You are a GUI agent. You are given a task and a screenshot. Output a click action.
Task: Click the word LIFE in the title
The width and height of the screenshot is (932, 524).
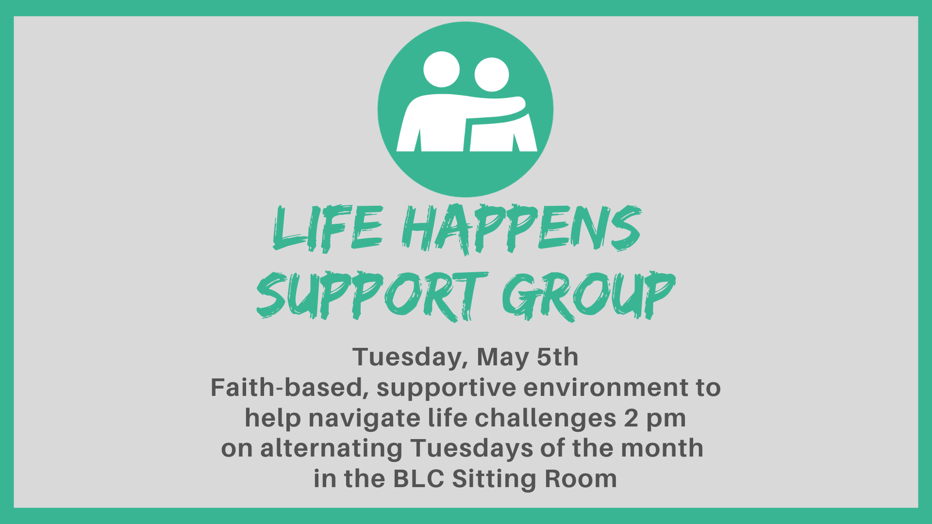(x=328, y=228)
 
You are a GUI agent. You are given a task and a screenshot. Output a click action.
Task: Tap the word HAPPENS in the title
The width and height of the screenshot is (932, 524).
(x=522, y=228)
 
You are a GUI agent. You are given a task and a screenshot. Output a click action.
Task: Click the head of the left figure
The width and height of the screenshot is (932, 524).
(x=441, y=69)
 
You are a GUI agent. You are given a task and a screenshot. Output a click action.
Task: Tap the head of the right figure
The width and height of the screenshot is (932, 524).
(x=492, y=74)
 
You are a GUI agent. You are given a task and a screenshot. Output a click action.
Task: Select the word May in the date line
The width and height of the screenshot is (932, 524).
(x=503, y=358)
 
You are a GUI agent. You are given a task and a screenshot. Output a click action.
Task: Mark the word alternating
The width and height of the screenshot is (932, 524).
(x=332, y=448)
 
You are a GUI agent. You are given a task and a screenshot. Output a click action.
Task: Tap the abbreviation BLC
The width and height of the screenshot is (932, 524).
(x=418, y=479)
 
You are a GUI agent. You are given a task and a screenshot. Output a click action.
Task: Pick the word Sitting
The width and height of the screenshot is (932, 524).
(x=494, y=479)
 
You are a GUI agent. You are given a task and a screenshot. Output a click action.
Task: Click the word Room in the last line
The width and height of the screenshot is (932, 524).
(x=581, y=479)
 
